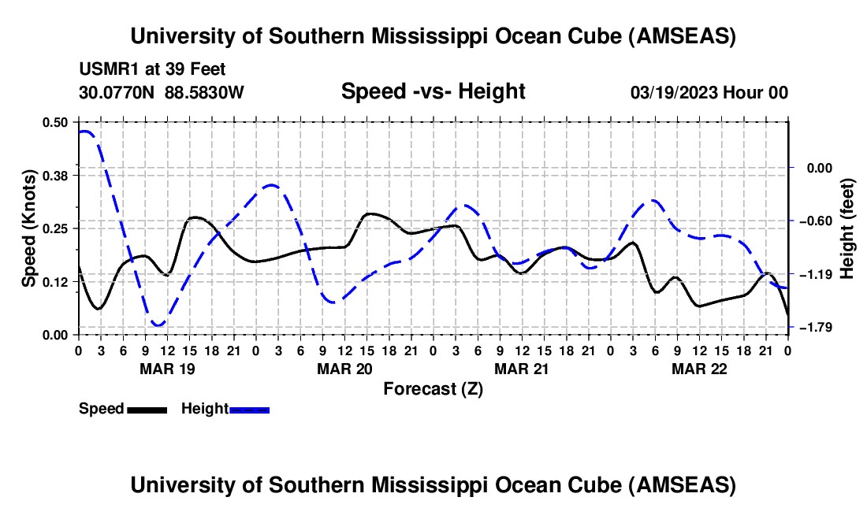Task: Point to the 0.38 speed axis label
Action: click(56, 175)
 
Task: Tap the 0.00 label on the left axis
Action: click(56, 335)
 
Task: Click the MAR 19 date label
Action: click(167, 369)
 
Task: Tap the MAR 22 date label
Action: click(699, 369)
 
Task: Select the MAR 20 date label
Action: click(344, 369)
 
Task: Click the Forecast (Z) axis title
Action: click(433, 388)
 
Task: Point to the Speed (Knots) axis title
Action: click(30, 228)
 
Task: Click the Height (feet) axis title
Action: click(847, 228)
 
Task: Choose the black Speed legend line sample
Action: click(147, 409)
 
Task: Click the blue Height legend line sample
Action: click(249, 409)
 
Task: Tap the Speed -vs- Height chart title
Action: click(433, 91)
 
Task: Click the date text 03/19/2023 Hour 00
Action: click(709, 93)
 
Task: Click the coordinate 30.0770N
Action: click(117, 93)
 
